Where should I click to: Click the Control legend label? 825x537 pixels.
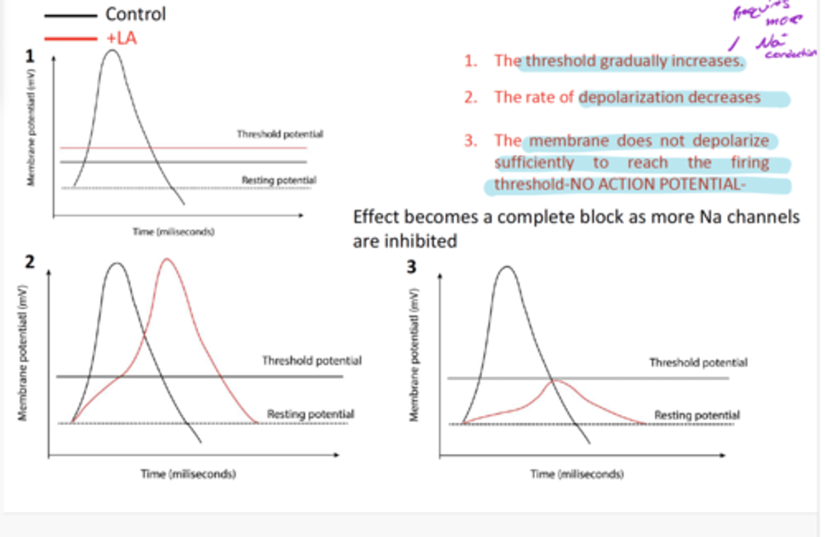[135, 14]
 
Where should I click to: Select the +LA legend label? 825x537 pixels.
[121, 38]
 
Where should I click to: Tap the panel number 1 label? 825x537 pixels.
[29, 56]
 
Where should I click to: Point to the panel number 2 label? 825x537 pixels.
[29, 262]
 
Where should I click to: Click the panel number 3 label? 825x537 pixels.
[411, 267]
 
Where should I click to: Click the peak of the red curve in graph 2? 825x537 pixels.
[167, 259]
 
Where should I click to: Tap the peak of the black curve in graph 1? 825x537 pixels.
[112, 50]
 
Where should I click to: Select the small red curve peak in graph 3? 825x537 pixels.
[555, 381]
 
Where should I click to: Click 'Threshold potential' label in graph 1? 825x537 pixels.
[280, 134]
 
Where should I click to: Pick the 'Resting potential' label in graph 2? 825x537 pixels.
[310, 414]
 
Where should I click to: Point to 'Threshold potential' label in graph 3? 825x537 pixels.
[698, 363]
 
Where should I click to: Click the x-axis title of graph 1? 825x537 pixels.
[174, 232]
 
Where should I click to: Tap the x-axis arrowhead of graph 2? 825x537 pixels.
[337, 455]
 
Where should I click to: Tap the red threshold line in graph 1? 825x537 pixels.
[183, 148]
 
